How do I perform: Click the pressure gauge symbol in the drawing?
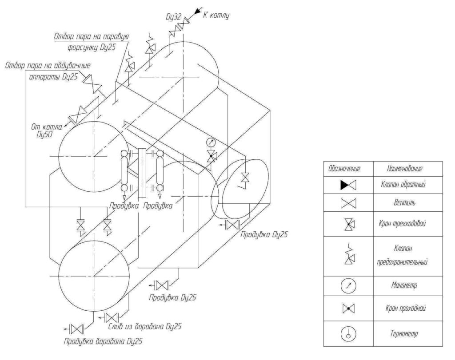(x=211, y=142)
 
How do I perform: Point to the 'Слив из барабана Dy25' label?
(x=146, y=326)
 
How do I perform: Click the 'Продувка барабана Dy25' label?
(x=105, y=342)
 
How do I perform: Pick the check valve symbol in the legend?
(x=348, y=186)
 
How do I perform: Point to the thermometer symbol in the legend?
(x=348, y=333)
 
